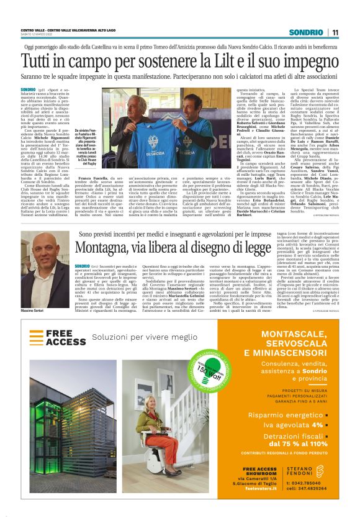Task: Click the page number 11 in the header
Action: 335,32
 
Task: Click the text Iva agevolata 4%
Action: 283,425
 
